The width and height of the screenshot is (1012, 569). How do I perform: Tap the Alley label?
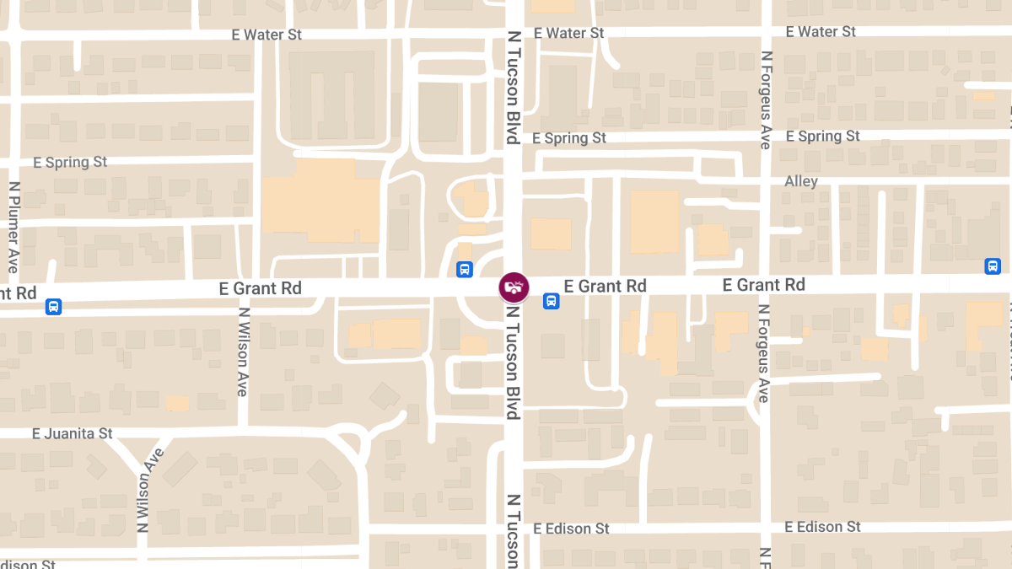click(801, 181)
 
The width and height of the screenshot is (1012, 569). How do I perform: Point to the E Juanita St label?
click(72, 433)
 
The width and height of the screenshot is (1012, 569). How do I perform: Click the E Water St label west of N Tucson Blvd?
click(266, 35)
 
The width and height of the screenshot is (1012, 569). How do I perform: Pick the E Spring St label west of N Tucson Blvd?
click(70, 162)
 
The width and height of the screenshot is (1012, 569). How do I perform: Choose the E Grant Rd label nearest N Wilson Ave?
click(260, 288)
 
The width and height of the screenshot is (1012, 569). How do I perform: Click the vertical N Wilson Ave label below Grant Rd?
click(243, 352)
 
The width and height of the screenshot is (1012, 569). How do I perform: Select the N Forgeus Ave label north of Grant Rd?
click(765, 99)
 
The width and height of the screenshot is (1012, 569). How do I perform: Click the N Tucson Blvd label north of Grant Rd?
click(512, 89)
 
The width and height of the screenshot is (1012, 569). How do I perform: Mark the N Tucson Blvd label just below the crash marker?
click(512, 361)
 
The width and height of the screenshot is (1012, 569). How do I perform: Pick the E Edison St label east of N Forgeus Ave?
click(822, 527)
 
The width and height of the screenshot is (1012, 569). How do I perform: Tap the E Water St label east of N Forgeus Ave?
click(821, 31)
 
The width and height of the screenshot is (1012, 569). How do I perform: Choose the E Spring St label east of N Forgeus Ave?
click(822, 136)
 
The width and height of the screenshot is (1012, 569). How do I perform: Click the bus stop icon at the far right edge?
click(993, 266)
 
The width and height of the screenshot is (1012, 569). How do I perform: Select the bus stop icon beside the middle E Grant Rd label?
click(551, 301)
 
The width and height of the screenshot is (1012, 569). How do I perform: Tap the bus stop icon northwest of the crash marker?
click(464, 270)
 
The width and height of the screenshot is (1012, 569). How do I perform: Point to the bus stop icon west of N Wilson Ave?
click(53, 307)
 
